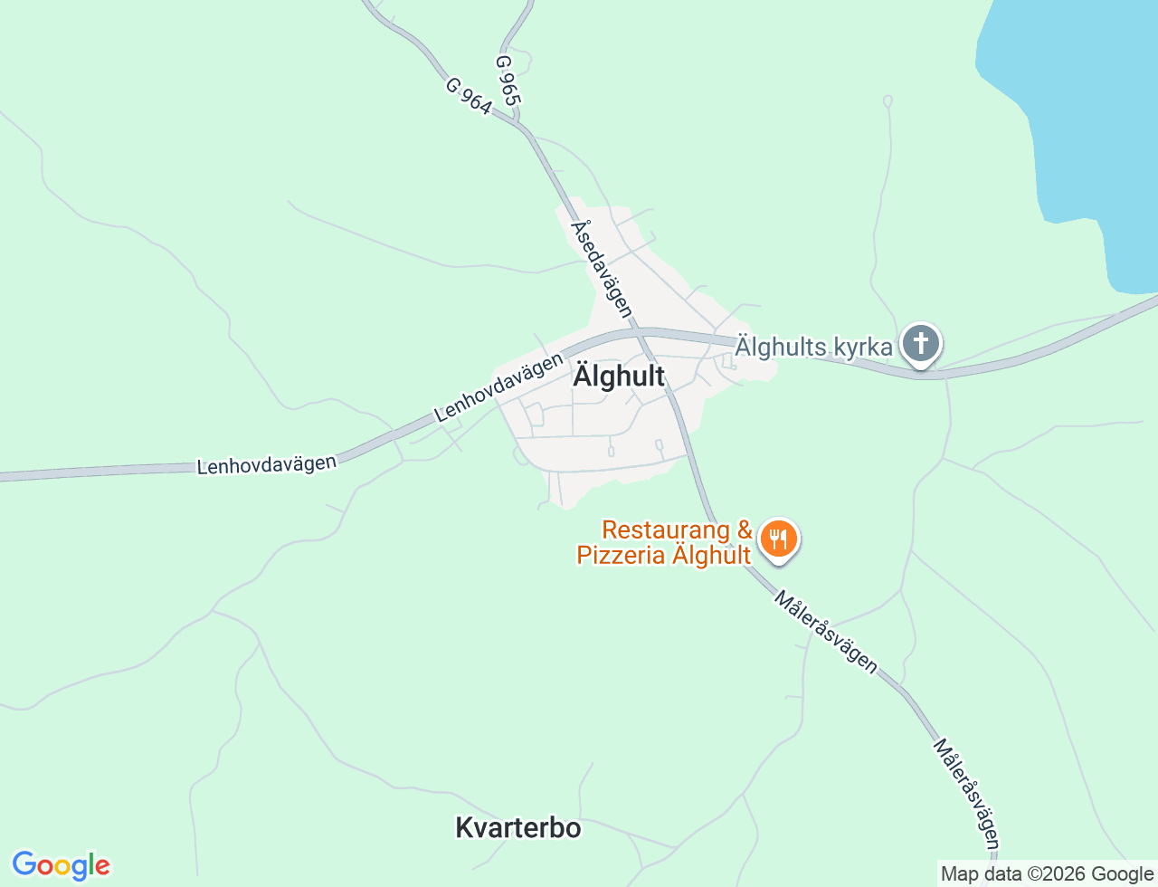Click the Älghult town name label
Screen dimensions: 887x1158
[619, 377]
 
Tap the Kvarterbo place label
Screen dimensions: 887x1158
[517, 827]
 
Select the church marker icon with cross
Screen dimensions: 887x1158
[920, 344]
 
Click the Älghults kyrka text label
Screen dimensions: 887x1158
[813, 346]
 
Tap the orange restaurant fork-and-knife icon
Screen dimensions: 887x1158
[777, 539]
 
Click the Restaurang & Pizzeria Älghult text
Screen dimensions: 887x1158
[665, 542]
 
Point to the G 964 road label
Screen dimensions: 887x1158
[469, 96]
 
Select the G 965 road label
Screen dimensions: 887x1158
[508, 81]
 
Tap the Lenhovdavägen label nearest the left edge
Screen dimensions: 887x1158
[267, 464]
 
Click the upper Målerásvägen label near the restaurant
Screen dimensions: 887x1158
[826, 633]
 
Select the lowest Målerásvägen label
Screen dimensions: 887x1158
[967, 794]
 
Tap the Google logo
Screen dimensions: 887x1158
[61, 865]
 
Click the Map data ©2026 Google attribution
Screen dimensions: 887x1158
[1047, 873]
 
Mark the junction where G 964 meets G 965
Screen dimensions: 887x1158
[521, 126]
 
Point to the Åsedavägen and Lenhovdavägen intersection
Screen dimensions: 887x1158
[640, 331]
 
